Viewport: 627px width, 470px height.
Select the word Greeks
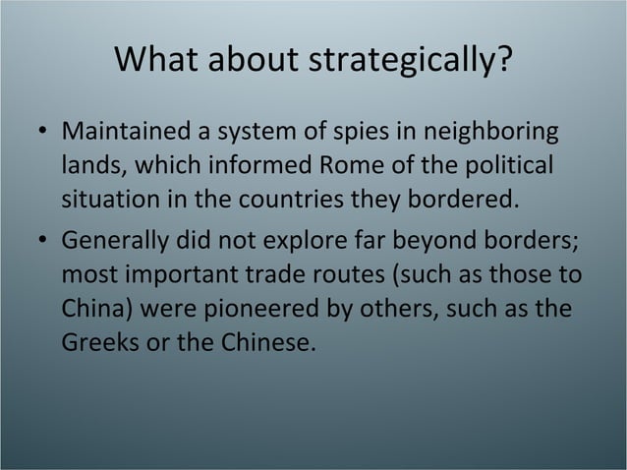click(x=95, y=345)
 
